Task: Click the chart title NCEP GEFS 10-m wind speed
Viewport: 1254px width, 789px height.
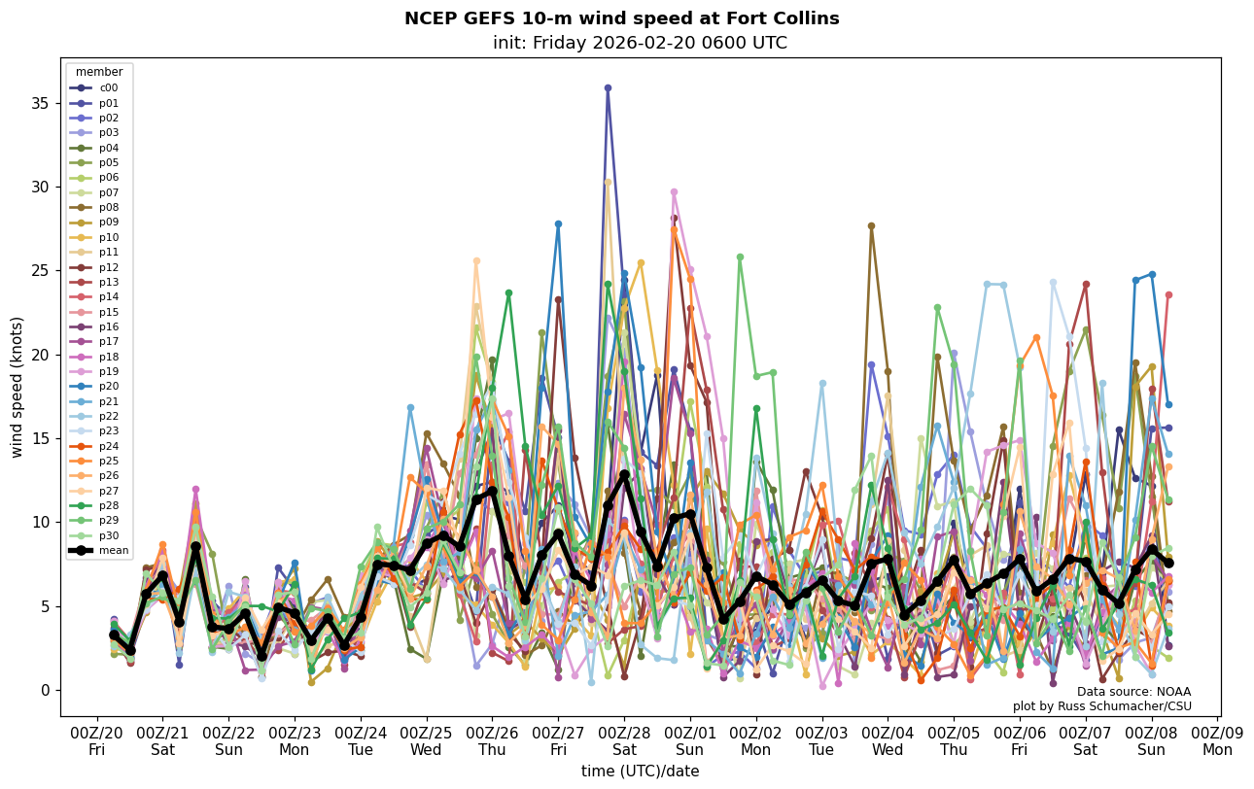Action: point(621,18)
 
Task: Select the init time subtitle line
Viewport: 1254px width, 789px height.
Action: point(640,43)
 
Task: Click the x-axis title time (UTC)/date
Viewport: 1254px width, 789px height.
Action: point(640,772)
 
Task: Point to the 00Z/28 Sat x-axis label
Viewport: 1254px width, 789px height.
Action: point(624,741)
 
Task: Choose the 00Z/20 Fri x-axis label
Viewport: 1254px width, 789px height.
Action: point(97,741)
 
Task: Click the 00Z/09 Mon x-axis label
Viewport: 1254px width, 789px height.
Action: point(1217,741)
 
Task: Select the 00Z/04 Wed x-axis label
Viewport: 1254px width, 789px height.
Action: point(888,741)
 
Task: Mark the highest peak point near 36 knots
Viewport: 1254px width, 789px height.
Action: point(608,87)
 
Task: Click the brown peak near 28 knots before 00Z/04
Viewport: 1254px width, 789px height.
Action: point(871,225)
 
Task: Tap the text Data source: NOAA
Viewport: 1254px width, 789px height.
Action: point(1133,692)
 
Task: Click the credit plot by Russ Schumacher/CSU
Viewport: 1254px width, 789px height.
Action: point(1102,706)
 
